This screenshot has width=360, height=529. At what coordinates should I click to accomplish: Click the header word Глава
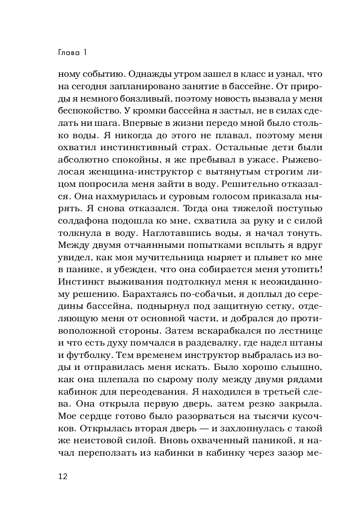pos(67,53)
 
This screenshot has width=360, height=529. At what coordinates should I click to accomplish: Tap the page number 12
pos(62,476)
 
